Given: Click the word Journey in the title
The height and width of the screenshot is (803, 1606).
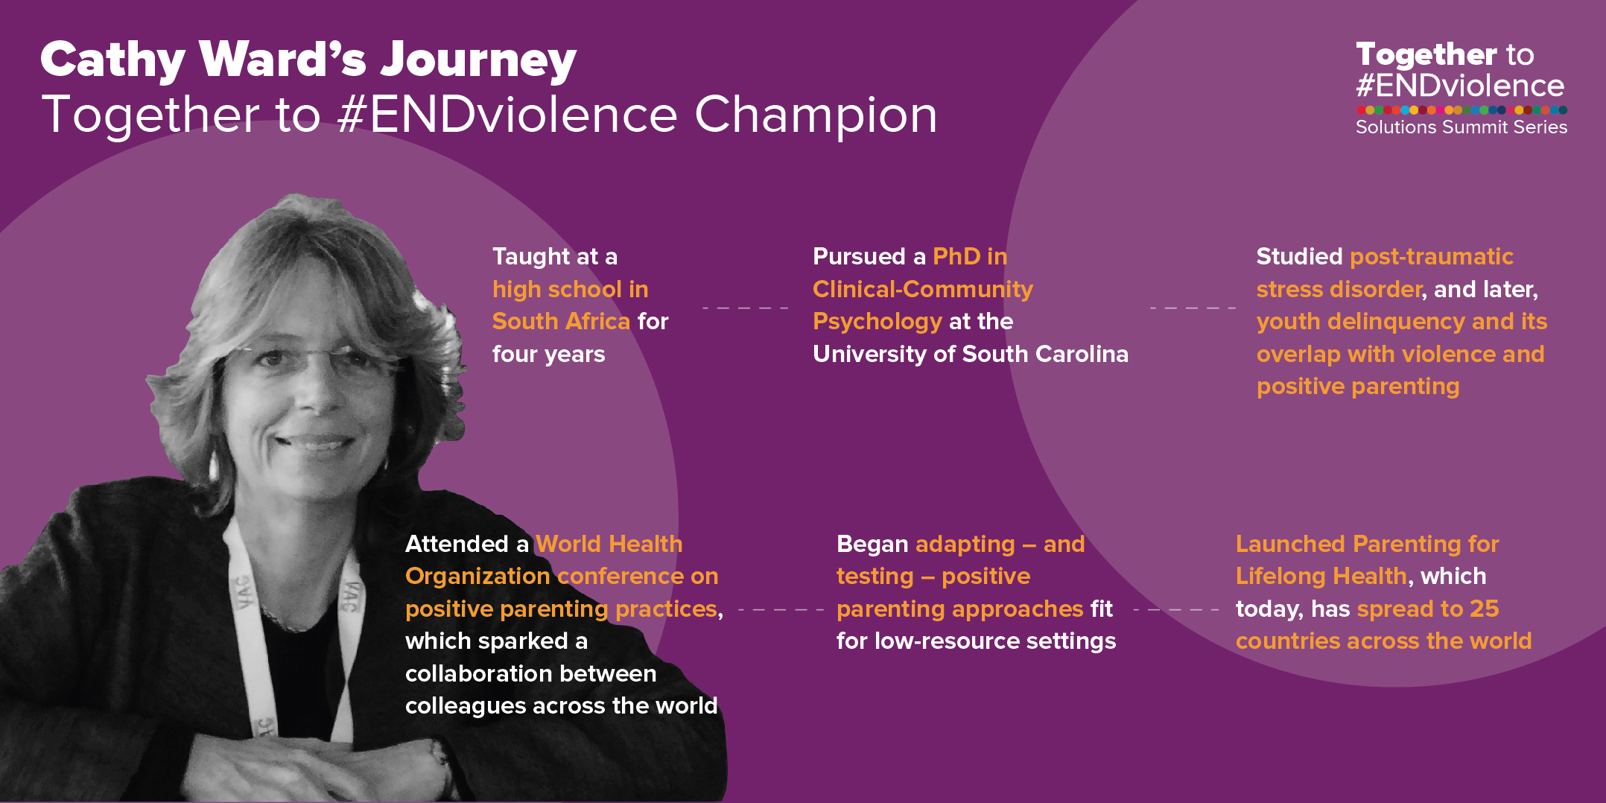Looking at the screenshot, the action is tap(478, 60).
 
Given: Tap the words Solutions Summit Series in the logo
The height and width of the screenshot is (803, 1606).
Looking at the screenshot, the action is tap(1461, 127).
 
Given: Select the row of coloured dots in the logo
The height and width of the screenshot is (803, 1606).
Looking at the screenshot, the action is tap(1461, 110).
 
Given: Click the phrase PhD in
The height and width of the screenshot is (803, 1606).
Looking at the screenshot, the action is tap(970, 256).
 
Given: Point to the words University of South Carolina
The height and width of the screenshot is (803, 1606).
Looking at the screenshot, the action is tap(971, 354).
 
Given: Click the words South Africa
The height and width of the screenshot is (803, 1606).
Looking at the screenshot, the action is tap(561, 321).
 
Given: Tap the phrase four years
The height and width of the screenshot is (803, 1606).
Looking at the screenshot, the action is tap(549, 354).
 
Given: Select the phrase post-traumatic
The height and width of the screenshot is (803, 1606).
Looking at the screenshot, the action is tap(1432, 256).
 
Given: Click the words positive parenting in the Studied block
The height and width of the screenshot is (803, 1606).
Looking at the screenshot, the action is tap(1358, 387).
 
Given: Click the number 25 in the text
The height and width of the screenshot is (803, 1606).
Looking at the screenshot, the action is tap(1485, 609).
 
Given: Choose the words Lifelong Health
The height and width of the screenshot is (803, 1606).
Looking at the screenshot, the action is tap(1321, 577).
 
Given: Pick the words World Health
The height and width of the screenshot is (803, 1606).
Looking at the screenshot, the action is tap(609, 544).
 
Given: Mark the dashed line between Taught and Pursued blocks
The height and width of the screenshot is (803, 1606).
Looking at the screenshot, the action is tap(745, 308).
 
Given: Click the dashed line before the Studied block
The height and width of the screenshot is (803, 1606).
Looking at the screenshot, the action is tap(1193, 308).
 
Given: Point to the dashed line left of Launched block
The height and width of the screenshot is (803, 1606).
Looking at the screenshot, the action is tap(1176, 610).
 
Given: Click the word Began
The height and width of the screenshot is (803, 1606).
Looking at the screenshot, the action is tap(872, 545).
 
